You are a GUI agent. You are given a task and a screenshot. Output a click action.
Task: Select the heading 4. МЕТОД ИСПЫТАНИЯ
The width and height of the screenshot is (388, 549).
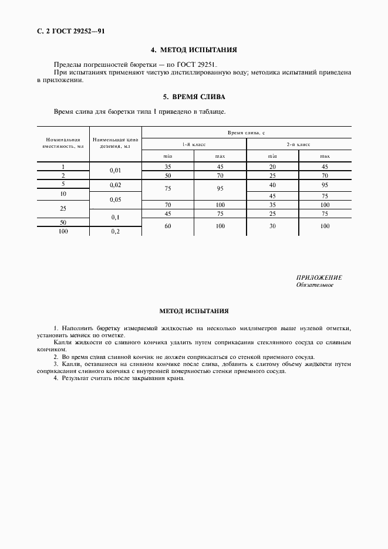click(x=194, y=51)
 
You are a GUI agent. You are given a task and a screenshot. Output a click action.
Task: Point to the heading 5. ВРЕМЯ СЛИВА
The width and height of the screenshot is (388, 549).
click(x=194, y=97)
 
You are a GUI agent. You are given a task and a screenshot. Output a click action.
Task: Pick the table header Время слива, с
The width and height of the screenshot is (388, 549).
click(x=247, y=134)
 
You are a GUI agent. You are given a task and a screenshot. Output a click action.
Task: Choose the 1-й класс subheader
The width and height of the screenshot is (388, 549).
click(x=194, y=144)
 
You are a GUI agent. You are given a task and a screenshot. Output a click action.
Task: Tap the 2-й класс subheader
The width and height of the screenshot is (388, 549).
click(x=299, y=144)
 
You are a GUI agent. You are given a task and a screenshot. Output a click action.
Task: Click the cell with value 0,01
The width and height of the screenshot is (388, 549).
click(x=115, y=171)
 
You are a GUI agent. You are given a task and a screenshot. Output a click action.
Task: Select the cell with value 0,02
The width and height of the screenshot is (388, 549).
click(x=115, y=185)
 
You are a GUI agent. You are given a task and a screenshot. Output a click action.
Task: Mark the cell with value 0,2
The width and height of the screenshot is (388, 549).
click(x=115, y=232)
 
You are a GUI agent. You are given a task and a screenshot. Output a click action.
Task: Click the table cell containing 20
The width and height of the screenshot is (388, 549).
click(x=272, y=167)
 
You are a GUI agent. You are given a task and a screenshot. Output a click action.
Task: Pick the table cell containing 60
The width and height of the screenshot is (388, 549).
click(x=168, y=226)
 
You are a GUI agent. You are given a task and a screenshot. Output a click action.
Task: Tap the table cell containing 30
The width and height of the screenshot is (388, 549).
click(x=272, y=226)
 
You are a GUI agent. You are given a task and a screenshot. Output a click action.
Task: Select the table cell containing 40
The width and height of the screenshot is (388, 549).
click(x=272, y=185)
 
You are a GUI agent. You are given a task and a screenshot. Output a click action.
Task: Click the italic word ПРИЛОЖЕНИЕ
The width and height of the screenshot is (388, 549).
click(x=319, y=277)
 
